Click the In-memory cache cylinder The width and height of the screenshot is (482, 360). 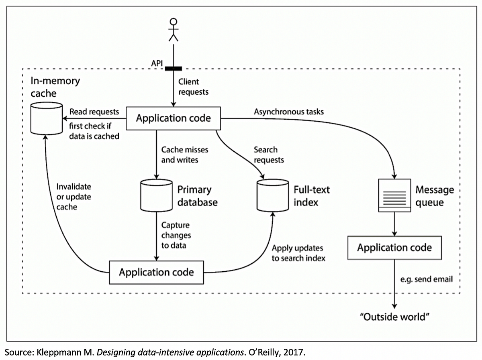pos(46,118)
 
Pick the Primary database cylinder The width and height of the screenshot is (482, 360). pos(156,195)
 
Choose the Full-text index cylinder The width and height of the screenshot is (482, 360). pos(272,195)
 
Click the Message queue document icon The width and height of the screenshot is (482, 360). pos(394,195)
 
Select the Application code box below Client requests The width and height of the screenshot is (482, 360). pos(173,118)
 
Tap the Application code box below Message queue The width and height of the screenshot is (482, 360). pos(394,247)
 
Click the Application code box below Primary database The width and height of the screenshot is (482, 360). pos(156,272)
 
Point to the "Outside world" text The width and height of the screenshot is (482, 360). pos(394,317)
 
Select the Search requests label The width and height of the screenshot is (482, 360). pos(269,155)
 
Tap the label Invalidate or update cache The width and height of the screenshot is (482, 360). pos(74,197)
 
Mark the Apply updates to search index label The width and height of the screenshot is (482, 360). pos(298,253)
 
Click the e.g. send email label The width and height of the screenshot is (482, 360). pos(427,279)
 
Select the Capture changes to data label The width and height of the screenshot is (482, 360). pos(176,235)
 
